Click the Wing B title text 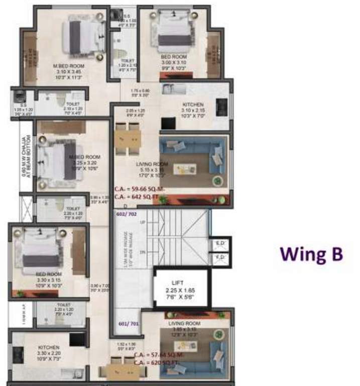point(311,254)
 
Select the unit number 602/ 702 point(127,213)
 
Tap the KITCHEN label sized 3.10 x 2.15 point(193,105)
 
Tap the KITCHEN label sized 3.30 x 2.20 point(49,347)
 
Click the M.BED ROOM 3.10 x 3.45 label point(70,66)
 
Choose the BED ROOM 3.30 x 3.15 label point(48,274)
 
